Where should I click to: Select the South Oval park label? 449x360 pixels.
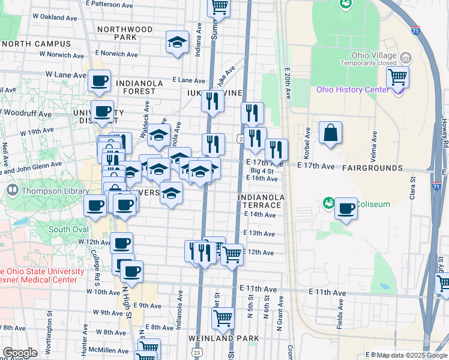69,229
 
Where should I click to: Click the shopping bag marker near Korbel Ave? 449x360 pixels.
331,133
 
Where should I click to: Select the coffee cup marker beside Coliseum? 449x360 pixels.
346,209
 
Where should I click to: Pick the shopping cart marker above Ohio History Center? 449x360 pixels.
397,77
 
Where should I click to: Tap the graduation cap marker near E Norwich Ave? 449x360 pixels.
177,43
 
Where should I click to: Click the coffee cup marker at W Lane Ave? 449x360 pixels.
100,80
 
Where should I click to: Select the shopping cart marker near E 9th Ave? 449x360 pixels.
223,317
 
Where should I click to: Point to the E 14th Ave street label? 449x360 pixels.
262,214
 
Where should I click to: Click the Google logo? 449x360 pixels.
20,353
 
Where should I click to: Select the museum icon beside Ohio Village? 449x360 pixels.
406,59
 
